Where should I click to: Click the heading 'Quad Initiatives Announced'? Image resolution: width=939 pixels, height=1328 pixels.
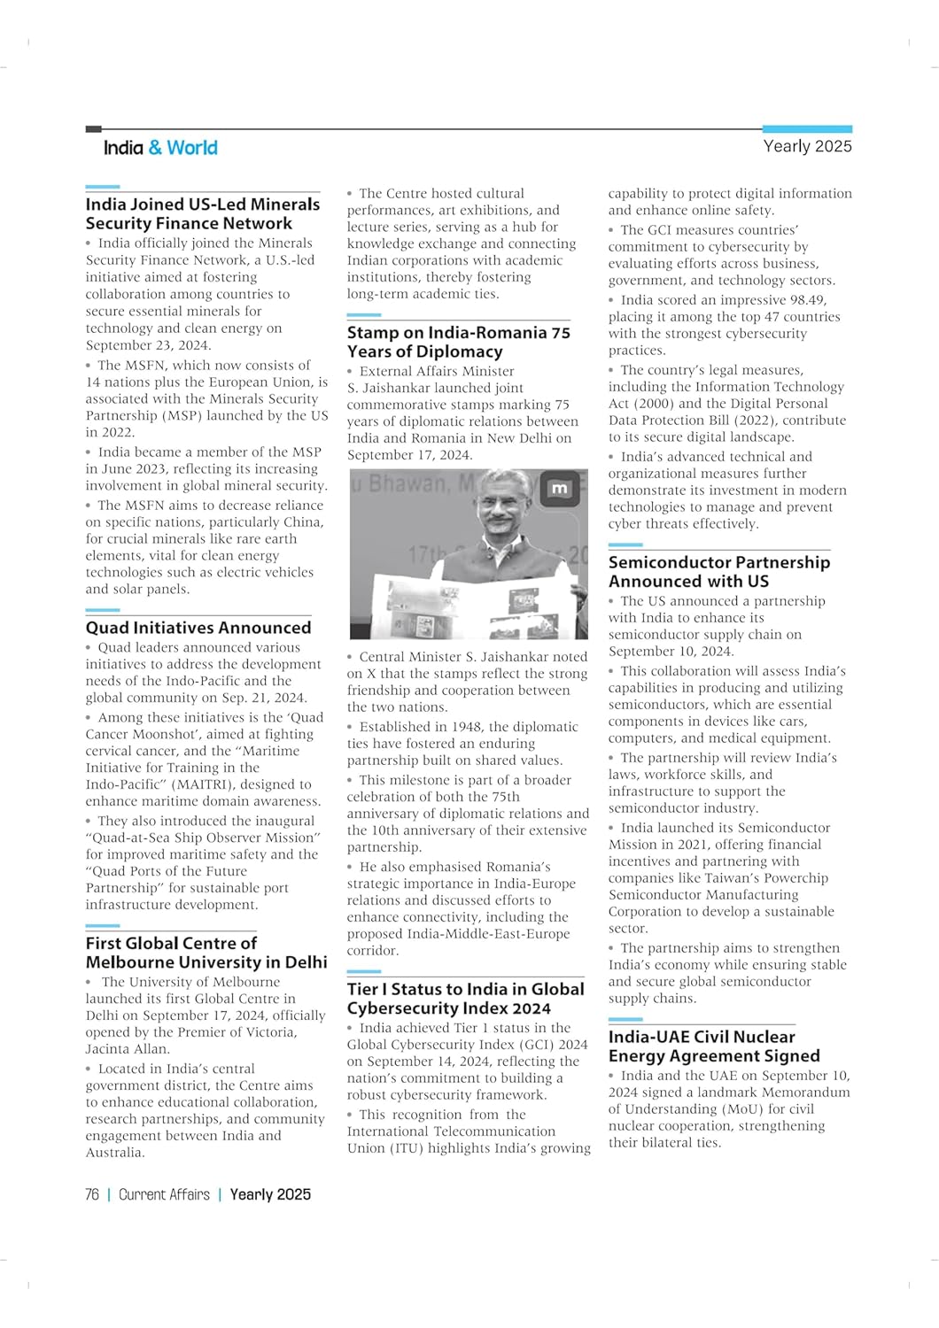(198, 628)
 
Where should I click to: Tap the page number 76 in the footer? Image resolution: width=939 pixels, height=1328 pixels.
(92, 1194)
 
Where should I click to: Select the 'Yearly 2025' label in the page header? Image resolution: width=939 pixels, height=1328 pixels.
(807, 146)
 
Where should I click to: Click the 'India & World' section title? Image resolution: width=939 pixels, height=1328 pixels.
(160, 148)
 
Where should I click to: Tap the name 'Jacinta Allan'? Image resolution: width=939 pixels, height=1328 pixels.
(127, 1049)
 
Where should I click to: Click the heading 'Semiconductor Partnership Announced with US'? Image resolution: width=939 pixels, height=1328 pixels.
(718, 572)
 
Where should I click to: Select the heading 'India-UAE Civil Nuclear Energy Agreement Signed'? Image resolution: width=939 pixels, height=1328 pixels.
(713, 1046)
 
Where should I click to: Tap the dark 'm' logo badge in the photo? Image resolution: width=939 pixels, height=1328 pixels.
(559, 489)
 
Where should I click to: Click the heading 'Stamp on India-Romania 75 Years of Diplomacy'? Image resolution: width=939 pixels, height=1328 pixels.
(458, 342)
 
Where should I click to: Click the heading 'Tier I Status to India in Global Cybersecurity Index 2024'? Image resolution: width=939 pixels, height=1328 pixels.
(465, 999)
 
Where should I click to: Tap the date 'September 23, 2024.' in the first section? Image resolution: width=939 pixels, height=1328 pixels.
(148, 345)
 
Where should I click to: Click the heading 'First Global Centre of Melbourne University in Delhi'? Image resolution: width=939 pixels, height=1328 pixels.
(206, 953)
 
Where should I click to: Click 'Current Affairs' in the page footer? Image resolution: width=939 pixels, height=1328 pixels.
(164, 1194)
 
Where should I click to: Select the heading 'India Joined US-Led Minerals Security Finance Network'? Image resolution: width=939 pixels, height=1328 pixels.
(202, 213)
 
